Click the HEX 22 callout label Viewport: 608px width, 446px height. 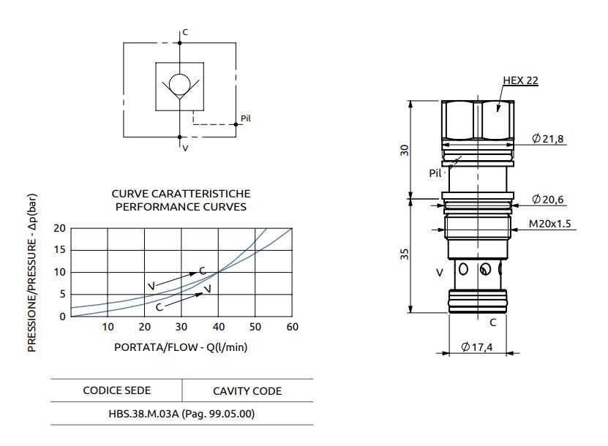(x=520, y=80)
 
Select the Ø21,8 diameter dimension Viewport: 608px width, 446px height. (x=547, y=138)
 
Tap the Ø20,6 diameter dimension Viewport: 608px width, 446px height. (x=547, y=199)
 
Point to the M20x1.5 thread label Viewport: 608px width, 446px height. (x=550, y=224)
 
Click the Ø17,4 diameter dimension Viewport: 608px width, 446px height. (x=477, y=347)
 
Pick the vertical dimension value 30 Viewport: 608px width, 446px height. (x=405, y=150)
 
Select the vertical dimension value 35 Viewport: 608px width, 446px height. (x=405, y=254)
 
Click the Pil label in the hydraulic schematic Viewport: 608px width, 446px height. (x=246, y=118)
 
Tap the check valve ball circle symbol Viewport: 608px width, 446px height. (x=179, y=84)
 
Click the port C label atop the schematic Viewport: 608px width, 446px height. (x=185, y=32)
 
